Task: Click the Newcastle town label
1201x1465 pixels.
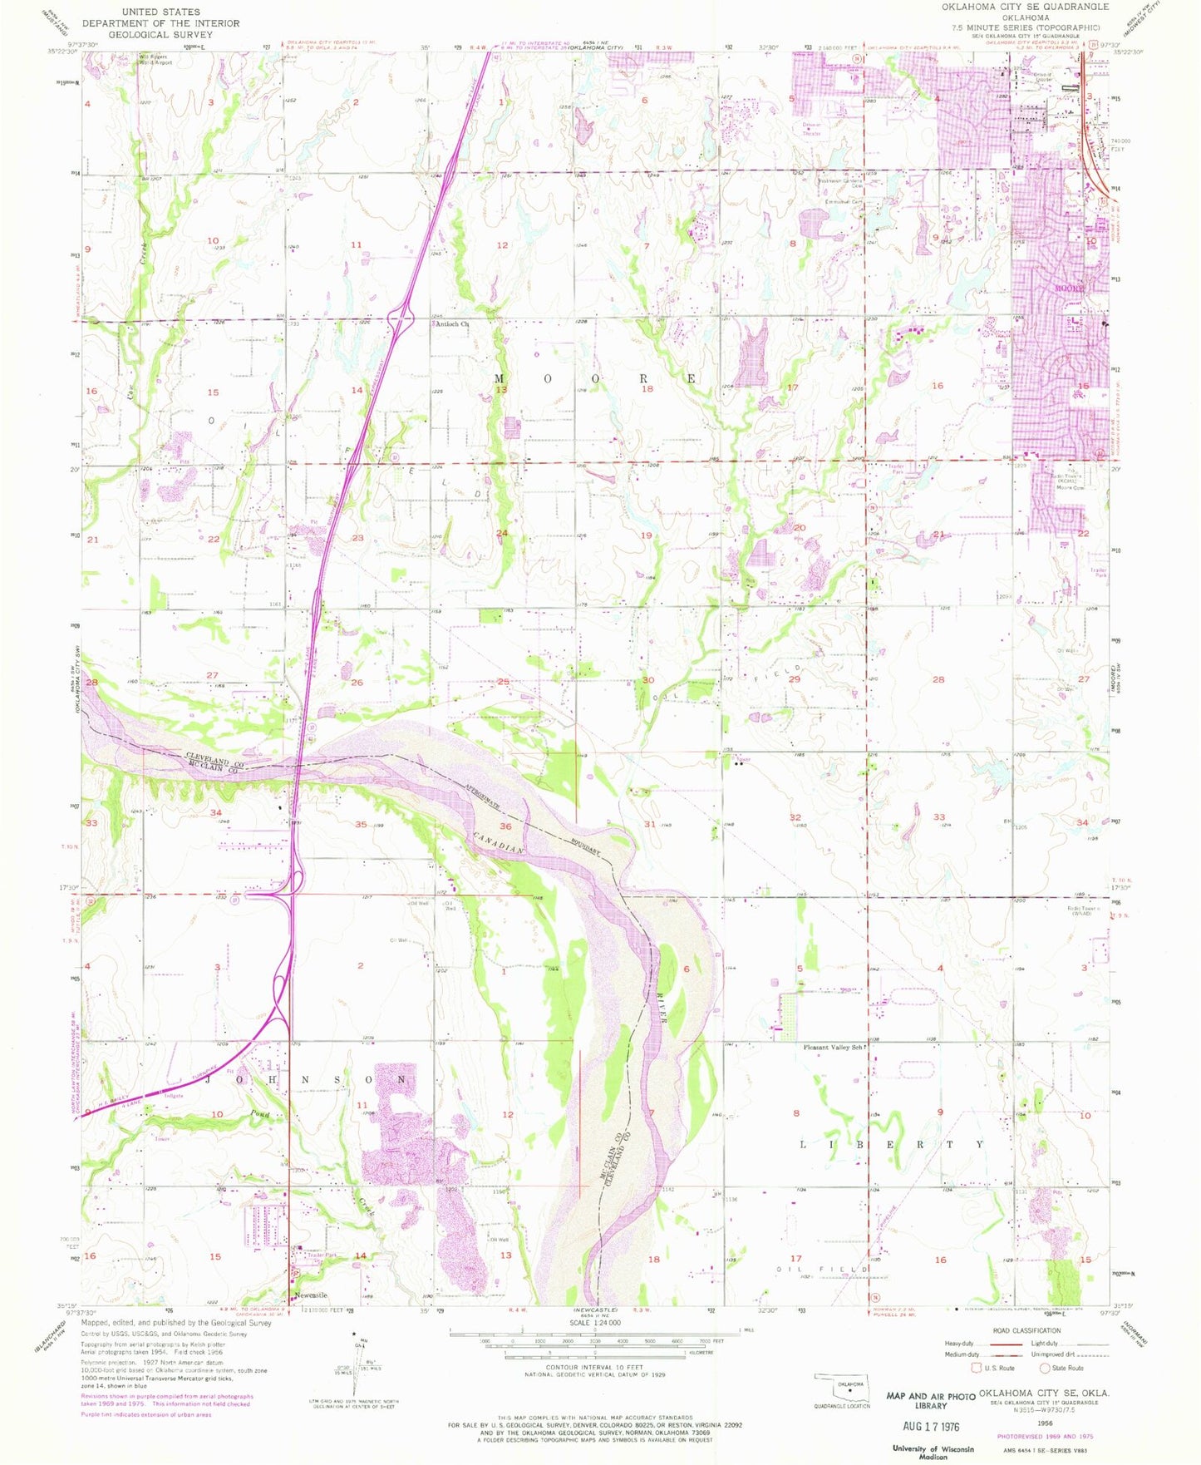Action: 308,1296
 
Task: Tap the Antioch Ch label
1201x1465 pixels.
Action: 453,325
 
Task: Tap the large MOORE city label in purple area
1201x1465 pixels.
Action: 1071,289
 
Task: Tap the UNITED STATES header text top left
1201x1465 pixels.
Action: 160,12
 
